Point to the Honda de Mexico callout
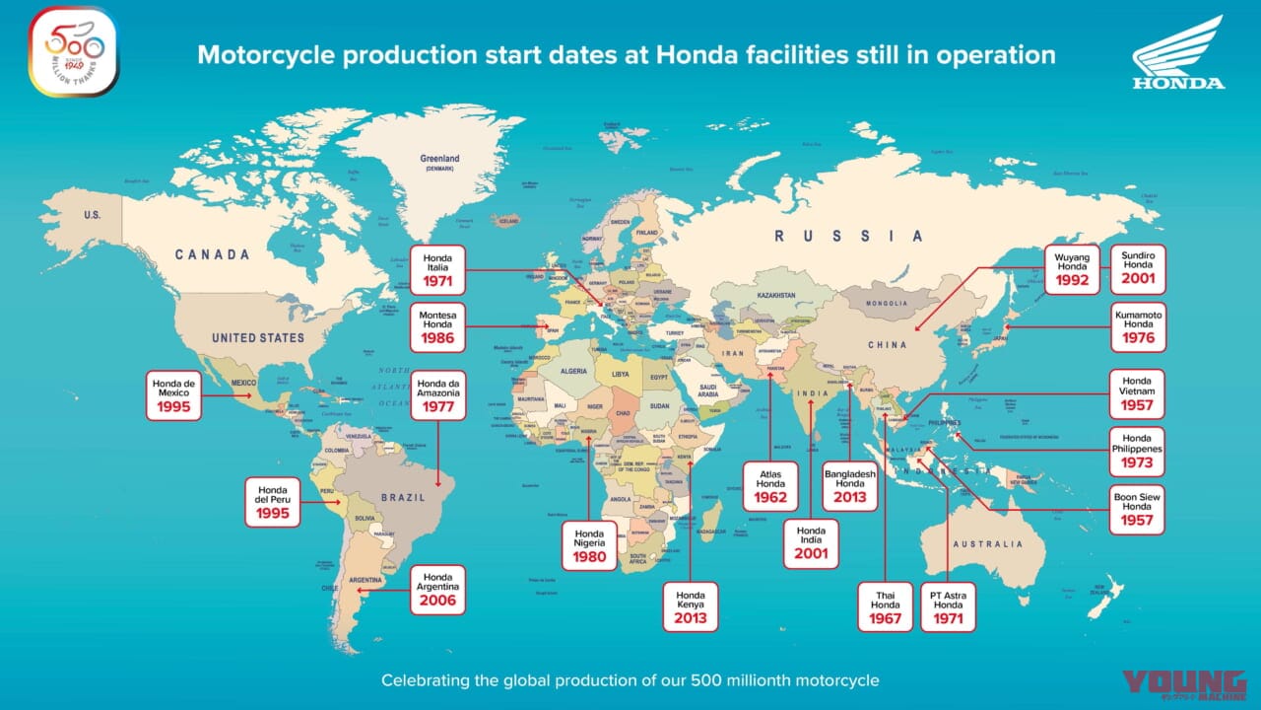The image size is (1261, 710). point(174,394)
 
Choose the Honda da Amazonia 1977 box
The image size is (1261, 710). point(437,395)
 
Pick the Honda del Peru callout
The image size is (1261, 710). point(272,502)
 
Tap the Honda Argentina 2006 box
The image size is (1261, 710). point(437,590)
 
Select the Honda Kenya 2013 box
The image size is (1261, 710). point(691,606)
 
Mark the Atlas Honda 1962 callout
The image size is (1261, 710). point(770,485)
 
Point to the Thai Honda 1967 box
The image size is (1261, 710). point(885,607)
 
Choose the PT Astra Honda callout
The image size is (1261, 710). point(948,607)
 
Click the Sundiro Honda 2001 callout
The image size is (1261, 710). point(1138,269)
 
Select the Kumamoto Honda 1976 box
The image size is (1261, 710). point(1138,326)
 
